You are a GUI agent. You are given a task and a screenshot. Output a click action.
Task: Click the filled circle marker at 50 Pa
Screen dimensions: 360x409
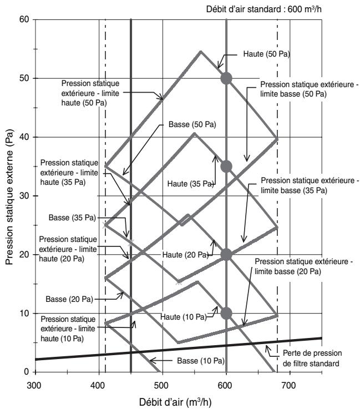point(226,78)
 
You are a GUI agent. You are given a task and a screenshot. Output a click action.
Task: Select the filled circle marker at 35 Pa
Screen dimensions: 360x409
point(226,166)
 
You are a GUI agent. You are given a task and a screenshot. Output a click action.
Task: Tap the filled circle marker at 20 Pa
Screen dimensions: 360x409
point(226,255)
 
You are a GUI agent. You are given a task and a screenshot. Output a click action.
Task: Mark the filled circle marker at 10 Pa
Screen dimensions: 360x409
point(226,314)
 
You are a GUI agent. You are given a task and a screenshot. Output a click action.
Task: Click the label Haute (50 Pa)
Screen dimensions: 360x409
point(266,54)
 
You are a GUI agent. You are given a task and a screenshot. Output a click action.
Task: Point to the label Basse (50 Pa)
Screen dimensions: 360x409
point(192,124)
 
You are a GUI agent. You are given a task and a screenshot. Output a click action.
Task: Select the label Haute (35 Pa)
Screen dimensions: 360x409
point(191,184)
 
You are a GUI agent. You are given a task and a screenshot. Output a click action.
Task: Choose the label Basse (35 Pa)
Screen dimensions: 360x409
point(73,218)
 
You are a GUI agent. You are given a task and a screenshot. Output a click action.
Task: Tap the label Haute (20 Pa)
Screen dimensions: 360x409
point(186,255)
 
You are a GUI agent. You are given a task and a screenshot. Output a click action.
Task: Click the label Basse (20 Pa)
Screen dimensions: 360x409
point(69,299)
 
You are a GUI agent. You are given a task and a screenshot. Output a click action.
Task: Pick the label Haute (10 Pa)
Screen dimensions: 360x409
point(184,317)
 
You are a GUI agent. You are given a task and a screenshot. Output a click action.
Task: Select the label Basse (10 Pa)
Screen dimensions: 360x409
point(201,361)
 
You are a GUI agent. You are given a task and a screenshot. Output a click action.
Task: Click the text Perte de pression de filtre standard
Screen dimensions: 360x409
point(312,358)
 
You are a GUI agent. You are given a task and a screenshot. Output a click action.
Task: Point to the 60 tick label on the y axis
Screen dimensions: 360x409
point(24,19)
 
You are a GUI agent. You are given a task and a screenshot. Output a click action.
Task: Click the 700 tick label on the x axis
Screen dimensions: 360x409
point(289,385)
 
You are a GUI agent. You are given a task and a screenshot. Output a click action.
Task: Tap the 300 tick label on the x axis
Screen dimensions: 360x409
point(34,385)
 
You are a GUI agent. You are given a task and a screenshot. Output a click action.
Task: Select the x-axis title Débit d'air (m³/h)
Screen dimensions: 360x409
point(175,402)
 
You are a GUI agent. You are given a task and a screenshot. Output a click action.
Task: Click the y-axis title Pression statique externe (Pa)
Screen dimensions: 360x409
point(9,197)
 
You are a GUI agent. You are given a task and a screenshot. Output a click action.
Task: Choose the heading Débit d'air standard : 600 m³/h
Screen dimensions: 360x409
point(264,9)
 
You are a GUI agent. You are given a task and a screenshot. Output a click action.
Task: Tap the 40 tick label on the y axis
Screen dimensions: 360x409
point(24,137)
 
